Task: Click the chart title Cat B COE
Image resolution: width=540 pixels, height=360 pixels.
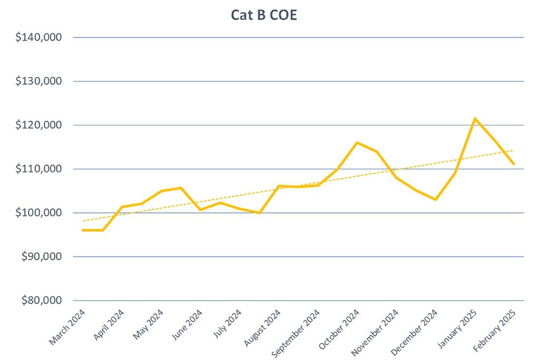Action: [x=264, y=15]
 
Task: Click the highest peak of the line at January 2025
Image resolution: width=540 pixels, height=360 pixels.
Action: [x=475, y=119]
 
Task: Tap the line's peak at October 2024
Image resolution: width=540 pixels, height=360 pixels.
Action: [x=357, y=142]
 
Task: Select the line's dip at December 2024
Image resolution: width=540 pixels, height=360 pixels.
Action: [x=436, y=199]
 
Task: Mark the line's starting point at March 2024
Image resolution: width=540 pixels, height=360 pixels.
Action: [x=83, y=230]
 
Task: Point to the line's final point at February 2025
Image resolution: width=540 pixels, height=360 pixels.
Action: [x=514, y=164]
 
